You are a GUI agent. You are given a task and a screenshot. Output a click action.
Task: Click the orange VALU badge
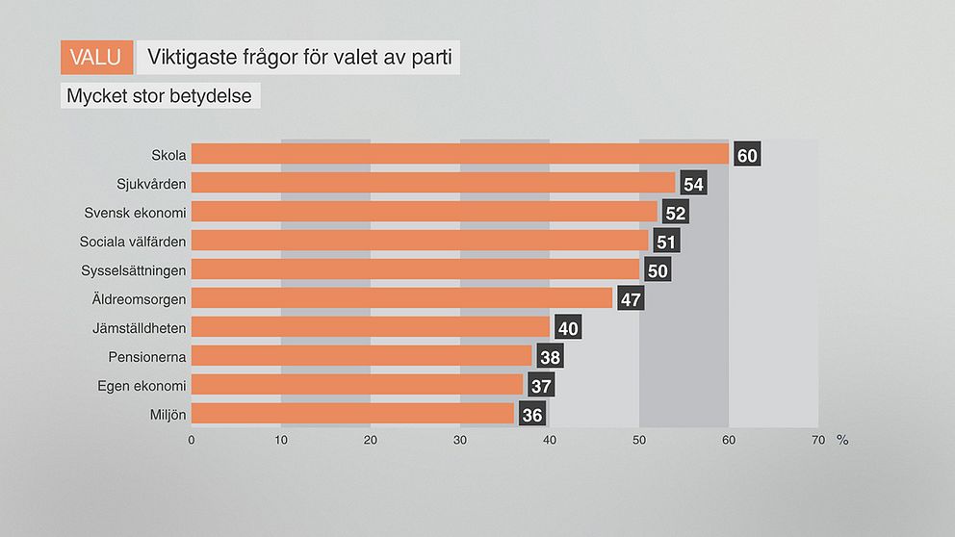pyautogui.click(x=96, y=58)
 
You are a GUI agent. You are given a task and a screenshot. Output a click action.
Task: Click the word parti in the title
pyautogui.click(x=431, y=58)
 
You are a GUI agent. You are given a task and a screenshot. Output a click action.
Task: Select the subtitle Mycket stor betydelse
pyautogui.click(x=160, y=96)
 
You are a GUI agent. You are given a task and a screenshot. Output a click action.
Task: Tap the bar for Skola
pyautogui.click(x=460, y=154)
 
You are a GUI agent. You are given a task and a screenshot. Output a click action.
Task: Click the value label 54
pyautogui.click(x=693, y=184)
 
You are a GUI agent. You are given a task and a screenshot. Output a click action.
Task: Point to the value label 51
pyautogui.click(x=666, y=242)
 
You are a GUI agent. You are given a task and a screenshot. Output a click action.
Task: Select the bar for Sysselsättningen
pyautogui.click(x=416, y=269)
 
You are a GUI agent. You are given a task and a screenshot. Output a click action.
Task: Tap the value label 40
pyautogui.click(x=568, y=328)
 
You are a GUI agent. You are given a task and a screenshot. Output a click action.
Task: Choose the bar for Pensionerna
pyautogui.click(x=362, y=356)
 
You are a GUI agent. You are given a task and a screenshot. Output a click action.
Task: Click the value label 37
pyautogui.click(x=541, y=386)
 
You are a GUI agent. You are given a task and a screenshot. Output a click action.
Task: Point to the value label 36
pyautogui.click(x=532, y=415)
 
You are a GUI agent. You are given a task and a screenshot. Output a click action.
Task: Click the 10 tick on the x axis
pyautogui.click(x=281, y=440)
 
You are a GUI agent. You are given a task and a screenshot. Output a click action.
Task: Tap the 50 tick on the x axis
pyautogui.click(x=639, y=440)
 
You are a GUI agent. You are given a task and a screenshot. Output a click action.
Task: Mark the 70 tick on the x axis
pyautogui.click(x=818, y=440)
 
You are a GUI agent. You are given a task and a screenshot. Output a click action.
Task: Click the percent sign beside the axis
pyautogui.click(x=842, y=440)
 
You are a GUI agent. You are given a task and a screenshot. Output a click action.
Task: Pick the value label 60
pyautogui.click(x=747, y=155)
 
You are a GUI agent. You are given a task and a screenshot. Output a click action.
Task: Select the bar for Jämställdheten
pyautogui.click(x=371, y=327)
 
